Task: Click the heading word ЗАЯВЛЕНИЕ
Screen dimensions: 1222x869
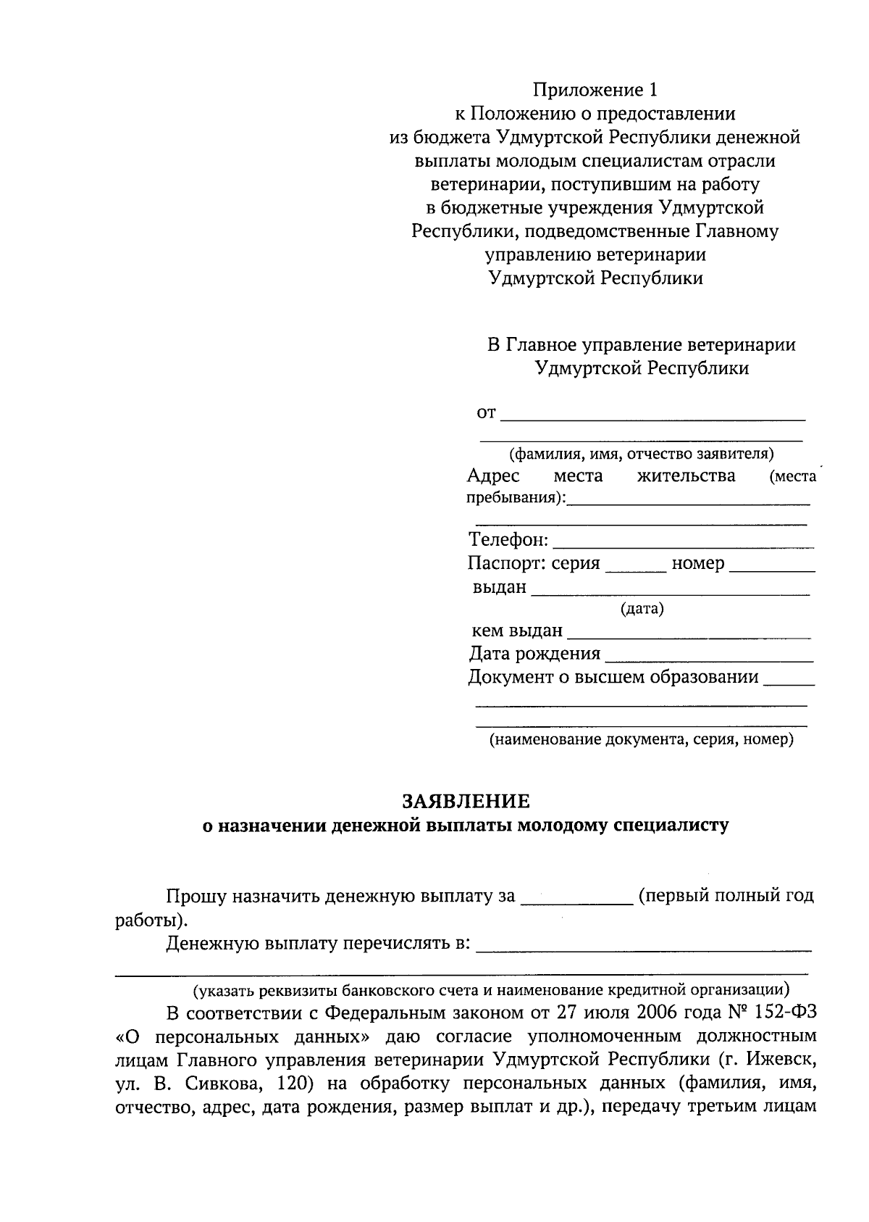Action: tap(466, 802)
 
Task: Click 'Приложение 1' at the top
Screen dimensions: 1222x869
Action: tap(596, 90)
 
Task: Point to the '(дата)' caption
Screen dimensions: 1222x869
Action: tap(642, 610)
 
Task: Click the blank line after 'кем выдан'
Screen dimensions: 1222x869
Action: tap(688, 633)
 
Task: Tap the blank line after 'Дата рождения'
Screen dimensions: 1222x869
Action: tap(708, 656)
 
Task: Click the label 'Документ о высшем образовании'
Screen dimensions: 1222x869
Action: tap(613, 678)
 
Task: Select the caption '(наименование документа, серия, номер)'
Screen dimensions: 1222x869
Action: tap(641, 740)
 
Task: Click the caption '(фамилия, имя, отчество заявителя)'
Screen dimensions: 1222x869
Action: tap(641, 454)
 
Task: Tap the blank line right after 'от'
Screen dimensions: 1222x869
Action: tap(652, 415)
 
